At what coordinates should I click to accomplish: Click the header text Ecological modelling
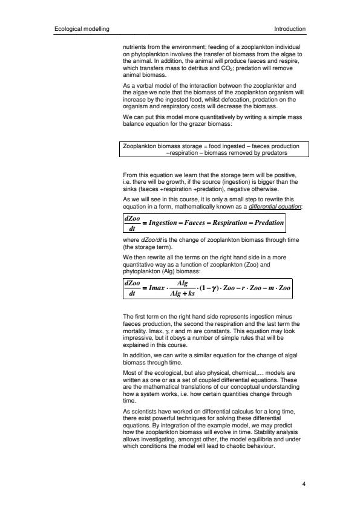coord(81,29)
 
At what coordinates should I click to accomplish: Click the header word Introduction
coord(290,29)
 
